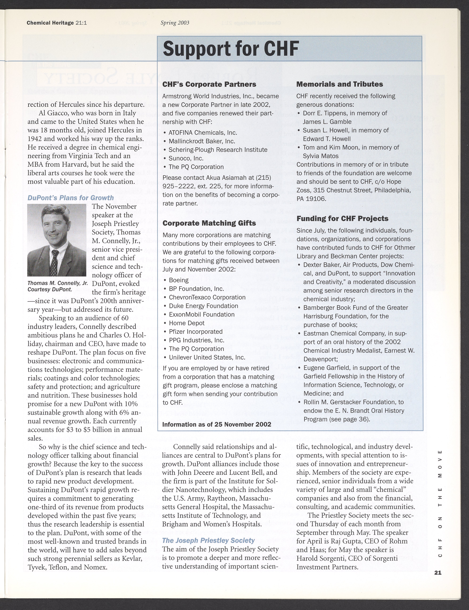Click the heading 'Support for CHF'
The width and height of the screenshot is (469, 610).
(x=231, y=49)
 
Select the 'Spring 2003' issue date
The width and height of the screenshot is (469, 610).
(x=175, y=23)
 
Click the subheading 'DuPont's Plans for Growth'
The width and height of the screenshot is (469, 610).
(x=71, y=198)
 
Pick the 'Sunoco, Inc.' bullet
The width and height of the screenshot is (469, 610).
(x=186, y=158)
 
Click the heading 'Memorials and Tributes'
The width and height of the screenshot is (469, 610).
(x=339, y=84)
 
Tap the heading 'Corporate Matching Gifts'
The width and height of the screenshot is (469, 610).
(x=209, y=223)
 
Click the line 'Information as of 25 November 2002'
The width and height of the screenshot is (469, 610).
(x=217, y=424)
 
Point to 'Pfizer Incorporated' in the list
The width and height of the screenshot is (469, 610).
(x=195, y=332)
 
